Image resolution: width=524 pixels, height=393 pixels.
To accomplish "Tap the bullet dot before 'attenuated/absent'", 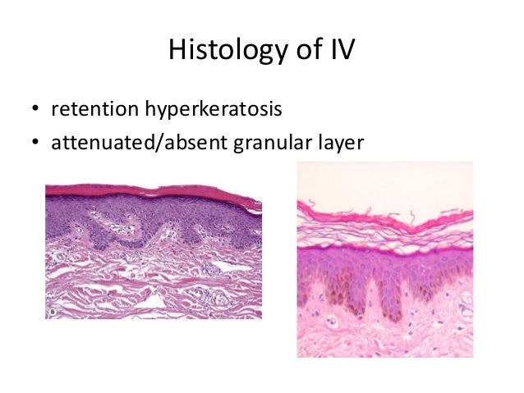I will coord(35,144).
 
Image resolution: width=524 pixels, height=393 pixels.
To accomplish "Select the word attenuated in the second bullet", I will coord(100,144).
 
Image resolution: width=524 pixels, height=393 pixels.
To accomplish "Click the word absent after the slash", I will coord(185,144).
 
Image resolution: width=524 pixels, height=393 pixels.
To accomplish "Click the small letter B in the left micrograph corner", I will coord(53,312).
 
